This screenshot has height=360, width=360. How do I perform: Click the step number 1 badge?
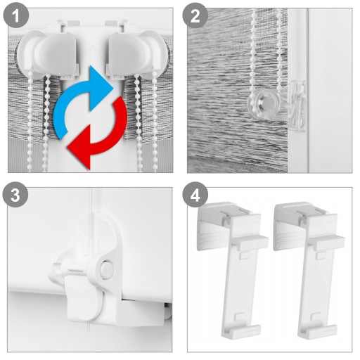coord(16,16)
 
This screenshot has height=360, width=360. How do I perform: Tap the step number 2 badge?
coord(195,16)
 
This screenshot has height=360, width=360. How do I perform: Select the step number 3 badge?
coord(15,195)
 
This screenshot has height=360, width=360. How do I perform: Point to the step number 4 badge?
coord(195,195)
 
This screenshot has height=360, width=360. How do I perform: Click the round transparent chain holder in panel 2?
coord(265,104)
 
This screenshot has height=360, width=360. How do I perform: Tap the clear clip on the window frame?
coord(297,105)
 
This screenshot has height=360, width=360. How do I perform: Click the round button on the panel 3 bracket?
coord(107,269)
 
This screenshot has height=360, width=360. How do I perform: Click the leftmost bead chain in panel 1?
coord(30,122)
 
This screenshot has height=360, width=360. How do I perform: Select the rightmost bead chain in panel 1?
coord(154,122)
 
